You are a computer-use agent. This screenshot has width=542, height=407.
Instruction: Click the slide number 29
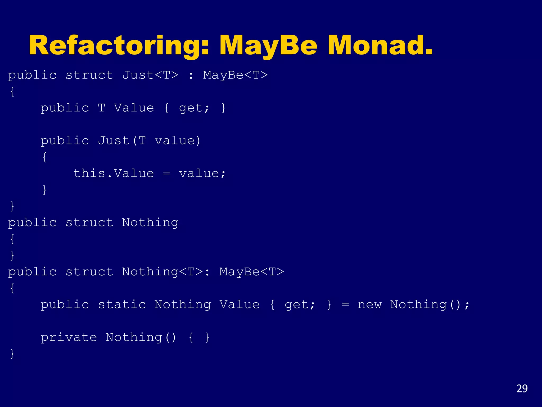coord(522,388)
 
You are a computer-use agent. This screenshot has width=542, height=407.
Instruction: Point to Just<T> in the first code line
coord(150,75)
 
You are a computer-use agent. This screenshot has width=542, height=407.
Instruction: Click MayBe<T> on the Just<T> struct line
coord(235,75)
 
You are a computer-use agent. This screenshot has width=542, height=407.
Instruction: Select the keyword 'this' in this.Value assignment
coord(89,173)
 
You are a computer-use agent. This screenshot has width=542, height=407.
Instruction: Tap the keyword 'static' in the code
coord(122,304)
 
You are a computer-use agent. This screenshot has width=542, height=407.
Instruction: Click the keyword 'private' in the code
coord(69,337)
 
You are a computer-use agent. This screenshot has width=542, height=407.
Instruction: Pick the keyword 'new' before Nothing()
coord(369,304)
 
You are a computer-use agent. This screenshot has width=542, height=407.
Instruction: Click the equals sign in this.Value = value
coord(166,173)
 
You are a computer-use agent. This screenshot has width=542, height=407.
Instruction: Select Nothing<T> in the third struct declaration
coord(162,272)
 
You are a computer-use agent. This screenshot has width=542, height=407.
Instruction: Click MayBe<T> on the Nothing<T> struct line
coord(251,272)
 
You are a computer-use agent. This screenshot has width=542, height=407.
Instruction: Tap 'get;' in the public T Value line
coord(194,108)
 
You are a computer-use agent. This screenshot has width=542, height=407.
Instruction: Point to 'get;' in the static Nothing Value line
coord(300,304)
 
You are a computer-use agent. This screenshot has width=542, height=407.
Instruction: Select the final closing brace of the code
coord(12,354)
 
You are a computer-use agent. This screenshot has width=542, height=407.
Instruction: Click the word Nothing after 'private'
coord(134,337)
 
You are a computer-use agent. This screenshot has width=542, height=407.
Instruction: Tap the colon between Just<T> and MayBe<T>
coord(191,76)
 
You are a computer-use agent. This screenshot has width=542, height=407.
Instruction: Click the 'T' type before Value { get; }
coord(101,108)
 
